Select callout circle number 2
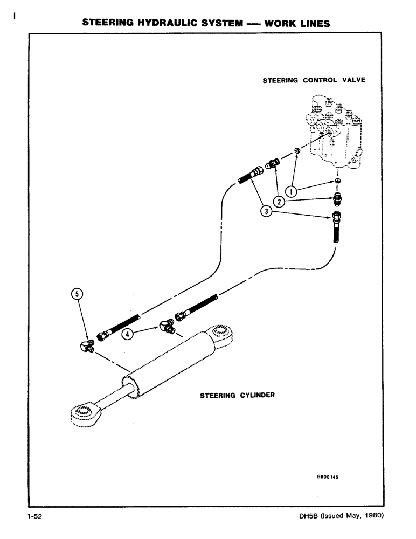(x=279, y=201)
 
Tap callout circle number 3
(x=265, y=211)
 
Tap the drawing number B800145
(x=330, y=476)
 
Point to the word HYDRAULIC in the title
(x=157, y=23)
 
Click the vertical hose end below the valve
(x=337, y=229)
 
